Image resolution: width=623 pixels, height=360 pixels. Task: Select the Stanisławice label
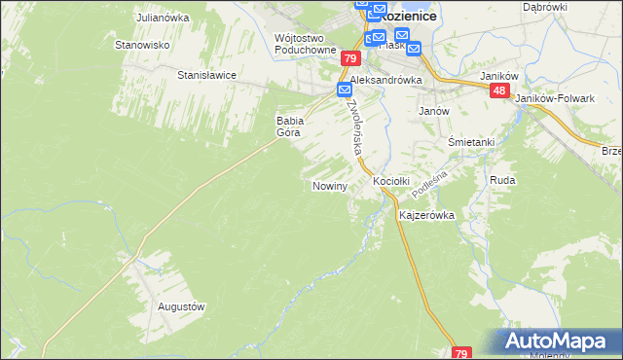[x=206, y=74]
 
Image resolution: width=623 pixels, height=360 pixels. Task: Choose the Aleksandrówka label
[x=385, y=81]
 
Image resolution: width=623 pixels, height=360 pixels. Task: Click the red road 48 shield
[x=499, y=90]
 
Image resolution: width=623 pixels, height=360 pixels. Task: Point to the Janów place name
[x=433, y=111]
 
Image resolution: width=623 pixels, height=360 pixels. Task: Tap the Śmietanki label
[x=471, y=142]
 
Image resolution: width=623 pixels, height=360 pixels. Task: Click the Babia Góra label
[x=291, y=126]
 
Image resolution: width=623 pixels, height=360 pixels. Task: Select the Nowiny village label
[x=330, y=186]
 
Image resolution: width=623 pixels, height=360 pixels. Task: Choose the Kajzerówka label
[x=427, y=216]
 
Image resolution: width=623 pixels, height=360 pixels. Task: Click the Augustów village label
[x=181, y=306]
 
